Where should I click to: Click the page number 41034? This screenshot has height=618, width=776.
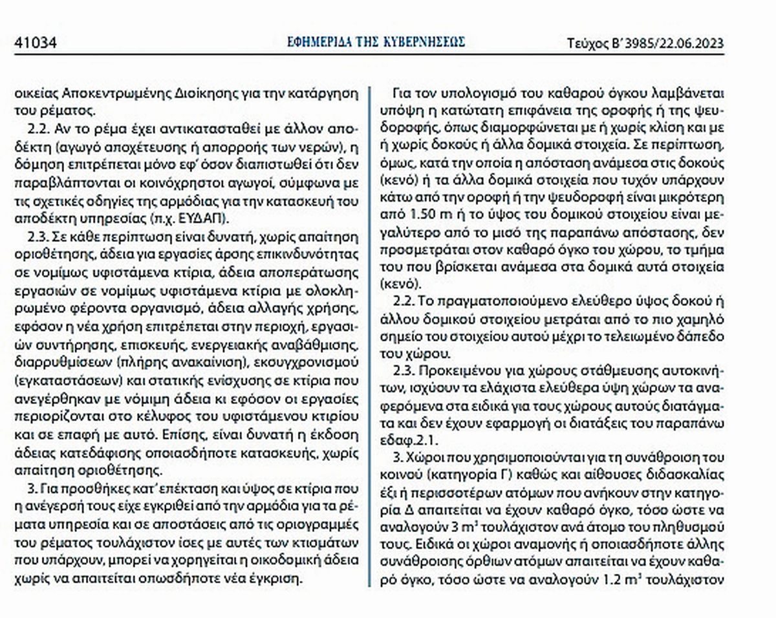coord(36,44)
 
